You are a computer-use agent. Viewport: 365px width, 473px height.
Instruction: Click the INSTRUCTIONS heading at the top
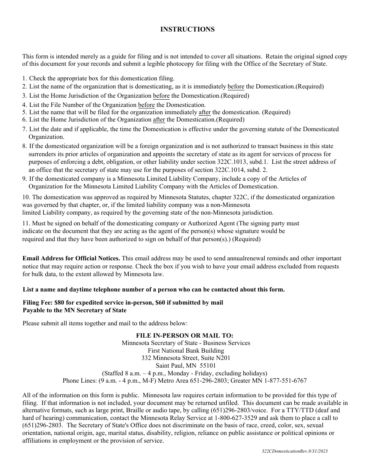[187, 29]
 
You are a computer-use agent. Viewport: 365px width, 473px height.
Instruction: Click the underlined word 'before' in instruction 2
[236, 87]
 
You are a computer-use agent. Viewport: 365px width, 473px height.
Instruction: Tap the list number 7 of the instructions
[24, 129]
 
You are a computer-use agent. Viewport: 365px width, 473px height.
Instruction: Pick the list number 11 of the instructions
[26, 223]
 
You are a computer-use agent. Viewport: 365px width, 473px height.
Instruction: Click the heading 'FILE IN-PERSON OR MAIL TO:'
[184, 336]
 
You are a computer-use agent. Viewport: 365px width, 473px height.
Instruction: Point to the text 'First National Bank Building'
[186, 351]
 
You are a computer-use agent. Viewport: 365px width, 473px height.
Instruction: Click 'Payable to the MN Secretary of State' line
[75, 310]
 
